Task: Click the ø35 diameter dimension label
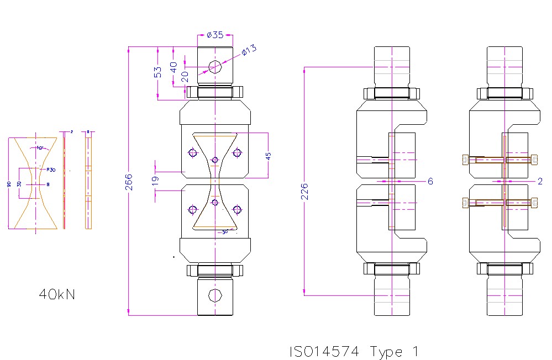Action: point(214,35)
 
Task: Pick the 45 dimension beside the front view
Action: point(269,156)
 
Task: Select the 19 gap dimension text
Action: point(155,179)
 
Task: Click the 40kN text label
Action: point(57,294)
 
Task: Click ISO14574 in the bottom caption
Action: point(324,352)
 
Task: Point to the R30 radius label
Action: point(51,170)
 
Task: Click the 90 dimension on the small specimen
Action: point(9,184)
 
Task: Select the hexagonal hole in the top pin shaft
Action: point(215,67)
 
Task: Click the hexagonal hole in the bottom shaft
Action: point(215,295)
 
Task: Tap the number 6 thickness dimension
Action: point(430,181)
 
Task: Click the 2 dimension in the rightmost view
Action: point(540,181)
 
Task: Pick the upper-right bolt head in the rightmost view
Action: point(533,160)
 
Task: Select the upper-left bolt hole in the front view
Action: point(192,153)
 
